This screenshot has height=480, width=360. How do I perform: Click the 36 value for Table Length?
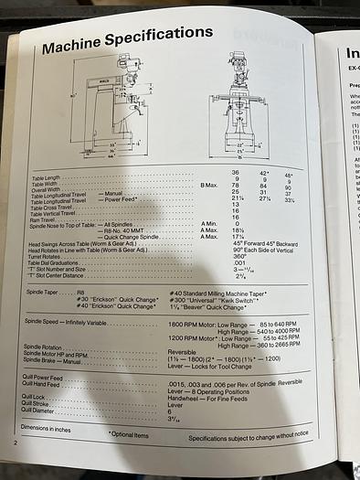(x=235, y=173)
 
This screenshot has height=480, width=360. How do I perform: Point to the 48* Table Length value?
(x=290, y=175)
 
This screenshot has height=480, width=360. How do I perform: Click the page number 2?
(x=16, y=443)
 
